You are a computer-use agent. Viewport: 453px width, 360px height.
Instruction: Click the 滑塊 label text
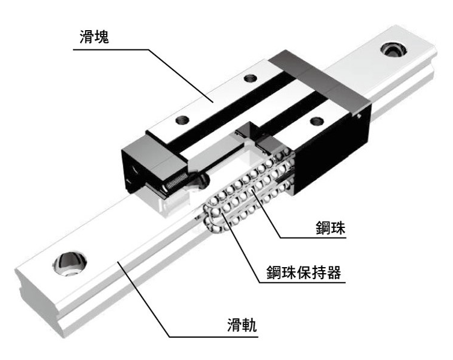point(94,37)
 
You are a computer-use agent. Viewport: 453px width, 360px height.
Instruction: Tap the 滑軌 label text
point(242,324)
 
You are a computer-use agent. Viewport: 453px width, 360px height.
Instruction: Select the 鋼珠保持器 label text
point(304,272)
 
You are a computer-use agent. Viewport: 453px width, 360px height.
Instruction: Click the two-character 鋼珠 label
point(331,228)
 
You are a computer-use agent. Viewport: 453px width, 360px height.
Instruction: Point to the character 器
point(334,272)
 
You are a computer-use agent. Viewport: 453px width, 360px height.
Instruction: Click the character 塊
point(102,37)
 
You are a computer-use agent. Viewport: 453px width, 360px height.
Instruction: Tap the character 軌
point(249,324)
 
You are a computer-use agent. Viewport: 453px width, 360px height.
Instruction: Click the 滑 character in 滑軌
point(234,324)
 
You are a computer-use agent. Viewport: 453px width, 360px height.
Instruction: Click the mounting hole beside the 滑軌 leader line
point(70,264)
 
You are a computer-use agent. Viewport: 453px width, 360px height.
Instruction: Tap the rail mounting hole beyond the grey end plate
point(393,49)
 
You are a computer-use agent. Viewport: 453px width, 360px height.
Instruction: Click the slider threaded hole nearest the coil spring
point(183,119)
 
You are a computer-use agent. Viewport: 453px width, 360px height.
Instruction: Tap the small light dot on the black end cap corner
point(359,116)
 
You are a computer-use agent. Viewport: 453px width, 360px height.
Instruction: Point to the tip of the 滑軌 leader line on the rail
point(117,261)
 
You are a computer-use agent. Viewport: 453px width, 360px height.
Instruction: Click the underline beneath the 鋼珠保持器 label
point(302,282)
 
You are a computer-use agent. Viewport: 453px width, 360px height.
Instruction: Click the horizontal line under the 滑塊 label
point(111,49)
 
